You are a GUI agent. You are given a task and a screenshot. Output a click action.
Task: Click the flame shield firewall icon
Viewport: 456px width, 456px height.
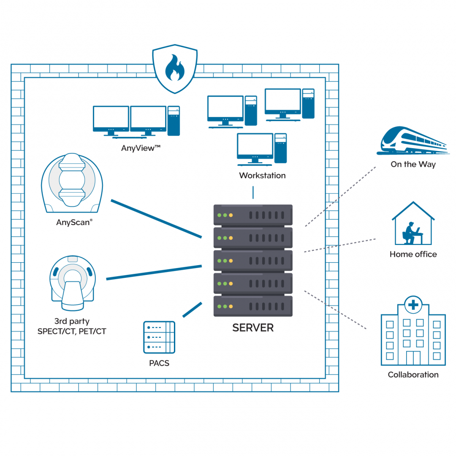pos(175,69)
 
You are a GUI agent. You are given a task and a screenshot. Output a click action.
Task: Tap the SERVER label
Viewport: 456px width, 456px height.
pos(253,328)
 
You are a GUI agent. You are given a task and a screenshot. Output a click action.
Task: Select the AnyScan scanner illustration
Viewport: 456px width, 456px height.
pos(72,183)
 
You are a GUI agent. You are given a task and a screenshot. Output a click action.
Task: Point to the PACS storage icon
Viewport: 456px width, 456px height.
pos(159,337)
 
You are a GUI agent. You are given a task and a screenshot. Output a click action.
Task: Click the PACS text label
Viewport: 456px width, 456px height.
pos(159,363)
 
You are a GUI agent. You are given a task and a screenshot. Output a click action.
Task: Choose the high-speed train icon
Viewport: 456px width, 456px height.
pos(413,140)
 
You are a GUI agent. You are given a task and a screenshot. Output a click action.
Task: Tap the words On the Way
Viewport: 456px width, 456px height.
pos(413,164)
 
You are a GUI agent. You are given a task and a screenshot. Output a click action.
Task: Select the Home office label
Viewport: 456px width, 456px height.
pos(413,254)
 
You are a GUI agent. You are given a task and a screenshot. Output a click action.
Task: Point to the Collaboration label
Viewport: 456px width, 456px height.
pos(413,375)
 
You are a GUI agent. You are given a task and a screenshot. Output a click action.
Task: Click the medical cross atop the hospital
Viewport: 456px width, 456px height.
pos(413,305)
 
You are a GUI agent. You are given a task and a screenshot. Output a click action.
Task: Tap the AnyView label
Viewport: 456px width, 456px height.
pos(141,148)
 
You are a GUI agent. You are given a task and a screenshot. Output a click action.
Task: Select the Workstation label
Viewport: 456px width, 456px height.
pos(262,175)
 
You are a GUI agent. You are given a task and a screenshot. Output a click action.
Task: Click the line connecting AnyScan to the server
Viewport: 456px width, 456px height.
pos(157,219)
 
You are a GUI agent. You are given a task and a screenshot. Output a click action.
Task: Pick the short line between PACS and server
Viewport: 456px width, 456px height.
pos(192,310)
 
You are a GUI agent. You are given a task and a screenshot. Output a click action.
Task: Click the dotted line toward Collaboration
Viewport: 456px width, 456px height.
pos(335,310)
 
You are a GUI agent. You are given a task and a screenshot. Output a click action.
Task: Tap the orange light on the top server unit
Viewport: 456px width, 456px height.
pos(231,215)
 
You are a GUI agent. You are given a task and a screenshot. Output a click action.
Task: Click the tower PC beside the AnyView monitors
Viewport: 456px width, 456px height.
pos(174,121)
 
